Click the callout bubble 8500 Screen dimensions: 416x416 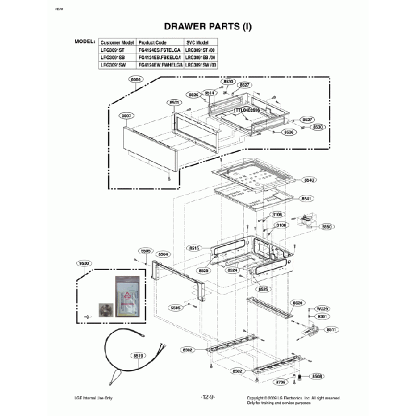click(x=136, y=80)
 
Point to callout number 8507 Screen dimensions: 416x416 click(x=125, y=116)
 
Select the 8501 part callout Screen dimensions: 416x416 click(x=173, y=102)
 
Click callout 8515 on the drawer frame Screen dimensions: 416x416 click(x=196, y=248)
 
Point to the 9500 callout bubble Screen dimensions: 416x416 click(x=83, y=264)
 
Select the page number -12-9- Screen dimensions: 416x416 click(x=207, y=397)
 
